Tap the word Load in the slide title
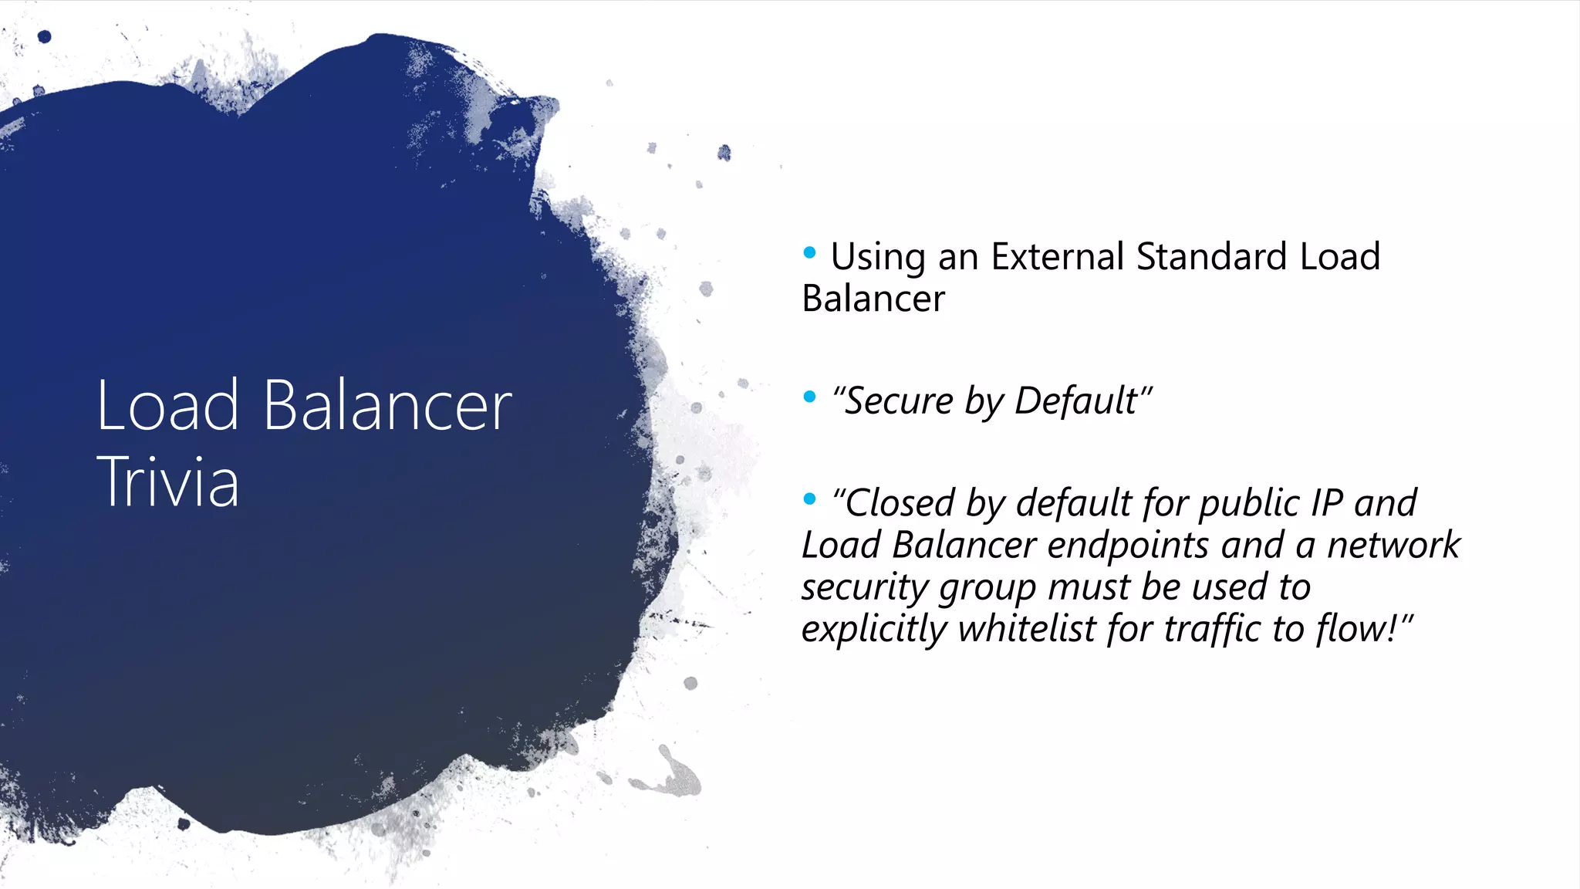(167, 406)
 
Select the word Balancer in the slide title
(387, 406)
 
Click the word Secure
(899, 401)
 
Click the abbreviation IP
(1327, 504)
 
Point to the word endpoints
(1129, 546)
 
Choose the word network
(1393, 546)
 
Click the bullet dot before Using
(809, 252)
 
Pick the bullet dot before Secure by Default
(809, 397)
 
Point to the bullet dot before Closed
(809, 499)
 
